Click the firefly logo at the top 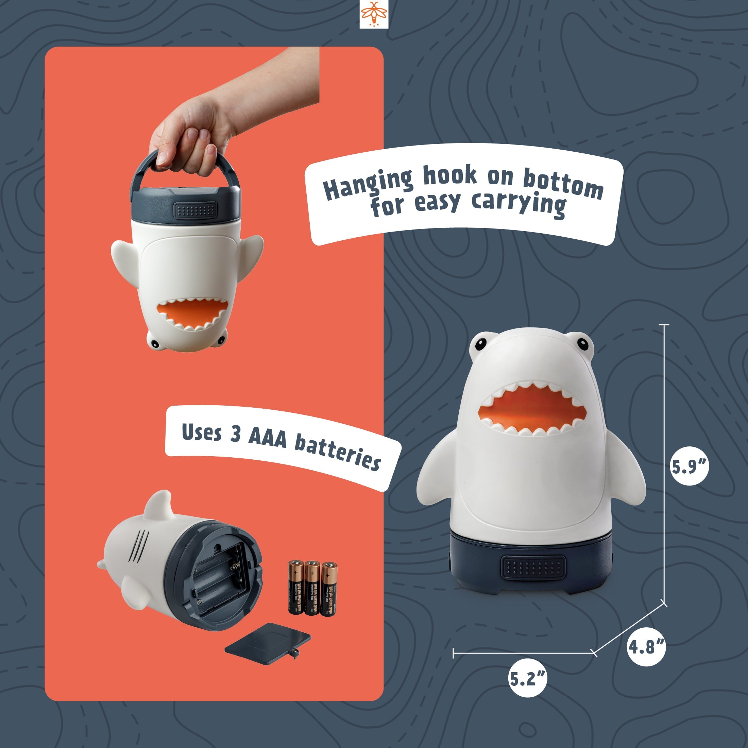(374, 14)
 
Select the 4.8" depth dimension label (646, 647)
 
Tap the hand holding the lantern (190, 128)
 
